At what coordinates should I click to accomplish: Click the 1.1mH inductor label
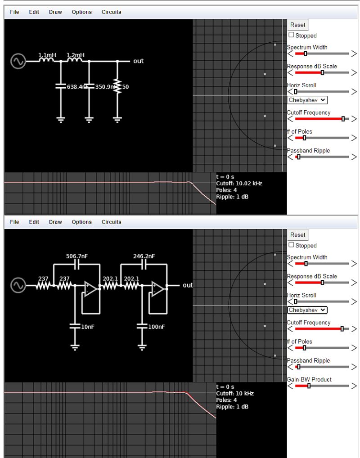(47, 55)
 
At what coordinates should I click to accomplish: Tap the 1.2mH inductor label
(75, 55)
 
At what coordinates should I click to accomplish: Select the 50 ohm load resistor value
(126, 87)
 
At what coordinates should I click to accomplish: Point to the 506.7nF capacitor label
(77, 256)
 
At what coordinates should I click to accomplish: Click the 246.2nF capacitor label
(144, 256)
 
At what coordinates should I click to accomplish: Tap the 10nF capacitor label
(87, 327)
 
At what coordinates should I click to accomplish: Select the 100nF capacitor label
(156, 327)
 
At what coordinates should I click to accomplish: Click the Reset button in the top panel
(297, 25)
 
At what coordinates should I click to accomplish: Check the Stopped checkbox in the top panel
(292, 35)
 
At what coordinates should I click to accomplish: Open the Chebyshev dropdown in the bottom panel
(307, 310)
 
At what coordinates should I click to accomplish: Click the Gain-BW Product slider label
(309, 379)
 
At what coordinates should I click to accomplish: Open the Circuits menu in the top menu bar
(111, 12)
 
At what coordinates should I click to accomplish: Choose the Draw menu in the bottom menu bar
(55, 222)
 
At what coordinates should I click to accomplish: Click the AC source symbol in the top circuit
(18, 61)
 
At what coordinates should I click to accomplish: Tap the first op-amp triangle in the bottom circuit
(90, 290)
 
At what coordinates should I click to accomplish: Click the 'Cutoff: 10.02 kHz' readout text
(239, 184)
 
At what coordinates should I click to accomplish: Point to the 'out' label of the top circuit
(138, 61)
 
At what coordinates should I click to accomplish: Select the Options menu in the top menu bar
(81, 12)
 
